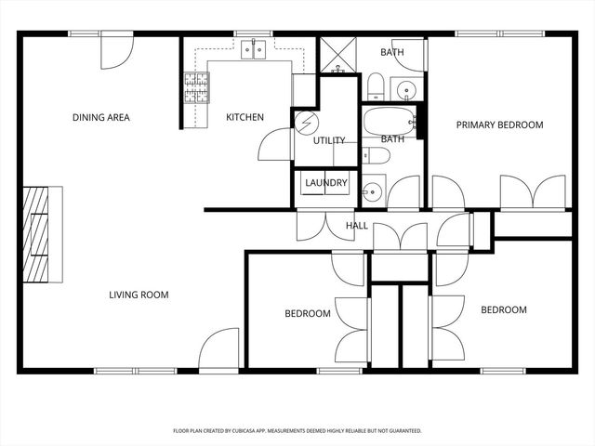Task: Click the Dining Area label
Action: click(x=101, y=118)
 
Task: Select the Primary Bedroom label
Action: click(x=498, y=125)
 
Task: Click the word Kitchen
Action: click(x=245, y=118)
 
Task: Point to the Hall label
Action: click(x=356, y=226)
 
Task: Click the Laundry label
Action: click(x=326, y=184)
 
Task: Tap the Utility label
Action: click(x=328, y=141)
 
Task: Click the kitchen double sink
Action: click(x=251, y=49)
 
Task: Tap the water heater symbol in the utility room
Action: click(x=306, y=125)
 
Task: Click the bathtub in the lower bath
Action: click(x=390, y=122)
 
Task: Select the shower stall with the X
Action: click(x=338, y=55)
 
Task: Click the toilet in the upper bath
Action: click(x=375, y=88)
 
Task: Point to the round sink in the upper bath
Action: click(x=406, y=90)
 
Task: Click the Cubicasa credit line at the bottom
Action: click(x=297, y=431)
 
